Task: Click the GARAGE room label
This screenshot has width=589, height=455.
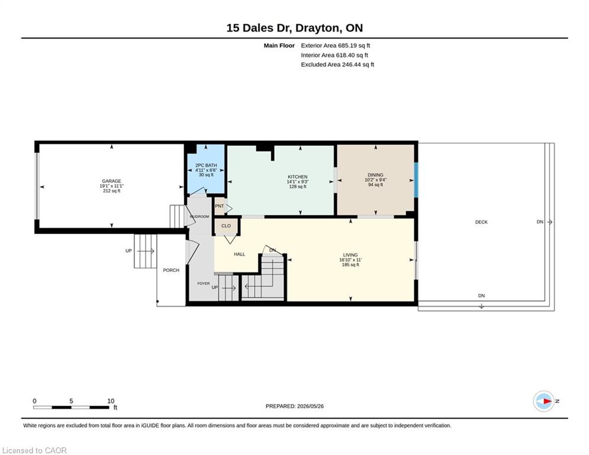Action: (x=111, y=181)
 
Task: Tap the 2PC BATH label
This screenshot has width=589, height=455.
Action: (x=206, y=165)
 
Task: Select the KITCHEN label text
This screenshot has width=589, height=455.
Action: (x=298, y=177)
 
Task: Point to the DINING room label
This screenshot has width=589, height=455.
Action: (x=375, y=175)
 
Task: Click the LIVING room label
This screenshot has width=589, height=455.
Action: (x=350, y=255)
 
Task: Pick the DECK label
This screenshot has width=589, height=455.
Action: (x=481, y=222)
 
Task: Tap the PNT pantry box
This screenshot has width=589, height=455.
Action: (x=220, y=206)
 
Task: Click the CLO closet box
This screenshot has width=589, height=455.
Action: (x=226, y=226)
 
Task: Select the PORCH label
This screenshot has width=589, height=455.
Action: (x=171, y=270)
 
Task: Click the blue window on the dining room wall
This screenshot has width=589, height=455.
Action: (x=416, y=180)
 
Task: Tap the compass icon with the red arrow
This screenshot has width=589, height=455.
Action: (x=544, y=401)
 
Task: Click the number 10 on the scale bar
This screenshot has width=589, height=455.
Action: (x=111, y=401)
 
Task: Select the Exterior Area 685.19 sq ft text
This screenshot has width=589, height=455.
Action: (x=336, y=46)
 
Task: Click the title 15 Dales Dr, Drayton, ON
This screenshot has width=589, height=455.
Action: (x=295, y=28)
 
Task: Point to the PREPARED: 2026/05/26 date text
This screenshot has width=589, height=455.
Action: (x=295, y=406)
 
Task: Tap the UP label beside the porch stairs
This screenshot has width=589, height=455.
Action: (x=128, y=251)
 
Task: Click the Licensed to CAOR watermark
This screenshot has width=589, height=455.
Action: (x=34, y=450)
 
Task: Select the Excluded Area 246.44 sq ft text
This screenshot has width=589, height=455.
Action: (x=337, y=65)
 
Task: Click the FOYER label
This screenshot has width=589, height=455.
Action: (x=204, y=284)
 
